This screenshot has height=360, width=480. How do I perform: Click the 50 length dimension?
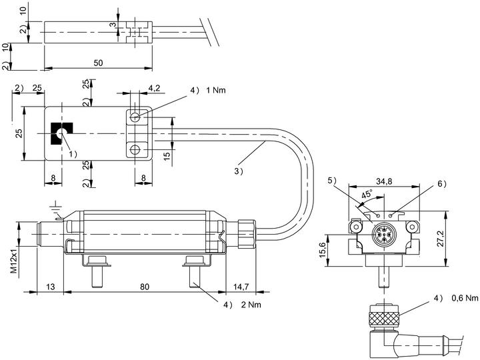tap(98, 63)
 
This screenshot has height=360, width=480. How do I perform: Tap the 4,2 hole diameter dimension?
tap(154, 88)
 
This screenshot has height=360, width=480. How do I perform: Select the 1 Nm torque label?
tap(216, 90)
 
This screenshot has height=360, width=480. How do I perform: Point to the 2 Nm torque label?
tap(251, 305)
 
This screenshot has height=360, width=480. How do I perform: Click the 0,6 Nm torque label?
tap(465, 297)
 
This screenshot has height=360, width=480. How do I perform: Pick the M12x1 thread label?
tap(15, 260)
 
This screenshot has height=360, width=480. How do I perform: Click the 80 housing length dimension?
tap(145, 287)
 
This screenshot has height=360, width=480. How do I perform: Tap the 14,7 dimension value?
tap(241, 287)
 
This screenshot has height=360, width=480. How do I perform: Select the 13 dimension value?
tap(51, 287)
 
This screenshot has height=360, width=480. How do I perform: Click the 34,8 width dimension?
tap(384, 181)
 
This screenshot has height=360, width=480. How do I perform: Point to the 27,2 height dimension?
tap(441, 239)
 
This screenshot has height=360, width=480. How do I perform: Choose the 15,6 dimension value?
tap(322, 250)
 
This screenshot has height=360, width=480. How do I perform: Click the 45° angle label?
tap(367, 194)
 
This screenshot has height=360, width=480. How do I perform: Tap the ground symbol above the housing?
tap(56, 207)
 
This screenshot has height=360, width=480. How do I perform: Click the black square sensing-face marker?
tap(61, 133)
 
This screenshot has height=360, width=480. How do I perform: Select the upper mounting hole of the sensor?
tap(135, 117)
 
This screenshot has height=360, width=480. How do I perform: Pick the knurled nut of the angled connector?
tap(384, 319)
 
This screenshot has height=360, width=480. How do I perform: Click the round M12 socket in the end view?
tap(384, 235)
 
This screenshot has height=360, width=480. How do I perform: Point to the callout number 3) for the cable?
tap(239, 171)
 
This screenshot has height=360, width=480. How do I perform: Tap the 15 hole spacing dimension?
tap(167, 156)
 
